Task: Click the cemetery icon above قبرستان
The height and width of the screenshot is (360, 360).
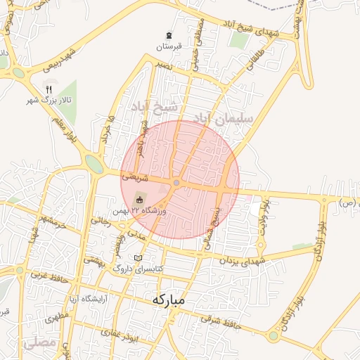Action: click(168, 35)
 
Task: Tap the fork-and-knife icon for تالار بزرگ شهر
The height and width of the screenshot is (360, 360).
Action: click(49, 89)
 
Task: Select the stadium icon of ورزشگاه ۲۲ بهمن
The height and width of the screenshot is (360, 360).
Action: click(138, 200)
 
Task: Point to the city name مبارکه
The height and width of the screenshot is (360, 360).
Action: click(167, 301)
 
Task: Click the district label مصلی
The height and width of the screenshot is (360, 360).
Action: click(37, 344)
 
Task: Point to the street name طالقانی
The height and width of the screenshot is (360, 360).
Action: click(250, 60)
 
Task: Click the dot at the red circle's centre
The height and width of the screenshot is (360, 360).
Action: click(176, 183)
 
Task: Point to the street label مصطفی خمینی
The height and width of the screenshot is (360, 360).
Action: click(200, 42)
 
